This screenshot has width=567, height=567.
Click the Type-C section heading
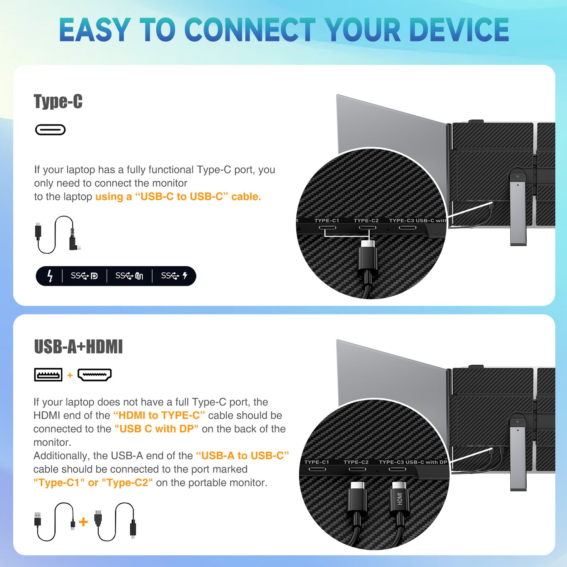click(58, 101)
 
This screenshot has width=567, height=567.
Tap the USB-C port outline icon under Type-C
click(50, 130)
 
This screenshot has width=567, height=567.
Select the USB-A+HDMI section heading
click(79, 347)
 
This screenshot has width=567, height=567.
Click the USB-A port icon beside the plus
click(48, 375)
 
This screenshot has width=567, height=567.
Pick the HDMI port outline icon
click(94, 375)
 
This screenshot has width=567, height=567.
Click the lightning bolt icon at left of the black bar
click(50, 276)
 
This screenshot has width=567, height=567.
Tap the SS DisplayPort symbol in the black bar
click(84, 276)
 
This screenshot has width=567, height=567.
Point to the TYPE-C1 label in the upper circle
click(327, 220)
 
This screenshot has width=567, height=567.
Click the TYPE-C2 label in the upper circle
click(366, 220)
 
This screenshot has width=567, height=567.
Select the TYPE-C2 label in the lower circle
click(356, 462)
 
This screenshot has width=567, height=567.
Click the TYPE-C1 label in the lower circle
click(317, 462)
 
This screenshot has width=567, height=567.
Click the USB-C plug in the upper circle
click(368, 259)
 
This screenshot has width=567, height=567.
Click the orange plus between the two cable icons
click(84, 522)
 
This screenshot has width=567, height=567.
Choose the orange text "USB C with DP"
click(156, 429)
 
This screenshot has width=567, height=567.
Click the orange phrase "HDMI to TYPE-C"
click(159, 415)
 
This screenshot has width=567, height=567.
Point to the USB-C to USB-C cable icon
click(57, 235)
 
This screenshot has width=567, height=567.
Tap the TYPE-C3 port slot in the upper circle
click(407, 228)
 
